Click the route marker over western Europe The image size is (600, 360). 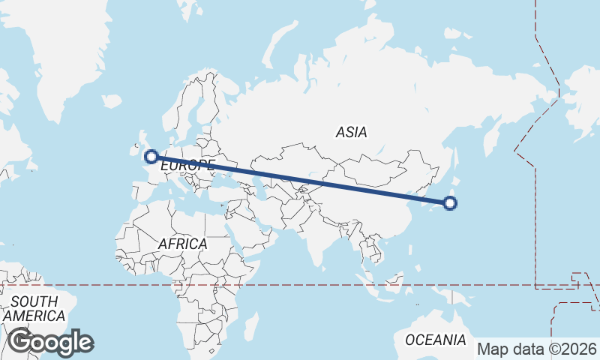(x=151, y=157)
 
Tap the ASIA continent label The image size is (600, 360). (x=351, y=133)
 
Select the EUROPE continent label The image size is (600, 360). (x=187, y=164)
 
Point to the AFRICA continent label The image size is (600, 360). (x=182, y=244)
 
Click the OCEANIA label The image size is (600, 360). (x=435, y=340)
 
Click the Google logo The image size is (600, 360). (x=50, y=342)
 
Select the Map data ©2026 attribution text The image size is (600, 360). (x=537, y=349)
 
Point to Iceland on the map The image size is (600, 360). (x=111, y=101)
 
